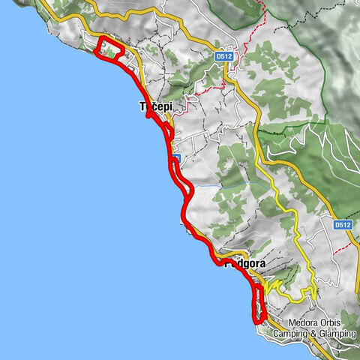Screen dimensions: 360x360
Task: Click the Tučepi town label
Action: pos(157,107)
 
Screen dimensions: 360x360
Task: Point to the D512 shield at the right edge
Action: pos(343,224)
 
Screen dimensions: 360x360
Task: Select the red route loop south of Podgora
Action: pos(259,304)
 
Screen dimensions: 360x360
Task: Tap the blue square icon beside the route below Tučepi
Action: pos(175,157)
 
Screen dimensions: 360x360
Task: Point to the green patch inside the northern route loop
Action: pos(112,49)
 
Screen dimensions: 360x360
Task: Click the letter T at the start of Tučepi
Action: pos(142,107)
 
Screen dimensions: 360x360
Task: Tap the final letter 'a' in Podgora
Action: pos(264,263)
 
